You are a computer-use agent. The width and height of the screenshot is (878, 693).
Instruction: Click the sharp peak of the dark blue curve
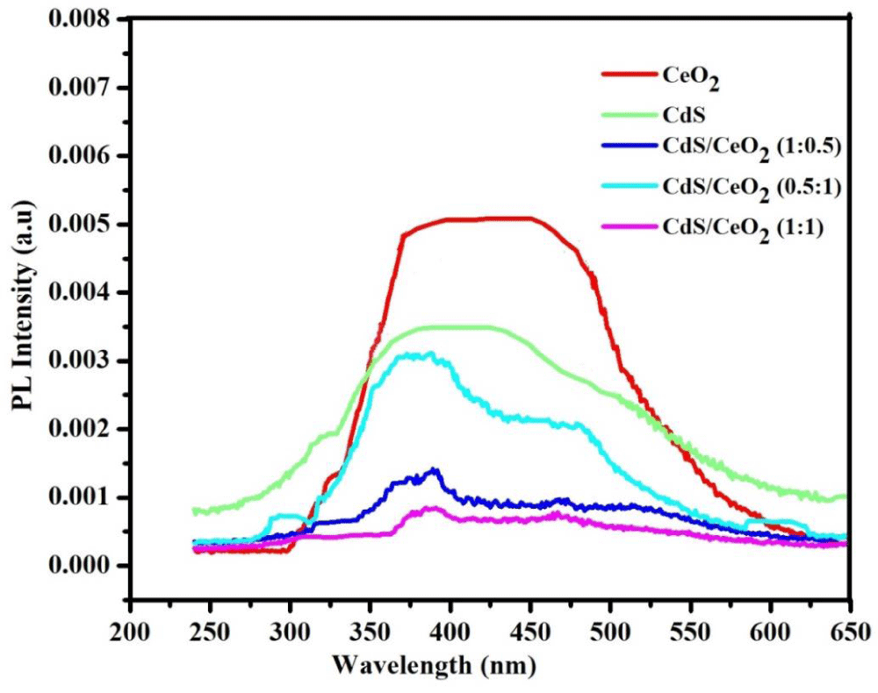434,470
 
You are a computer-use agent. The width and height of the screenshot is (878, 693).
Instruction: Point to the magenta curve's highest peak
430,508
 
